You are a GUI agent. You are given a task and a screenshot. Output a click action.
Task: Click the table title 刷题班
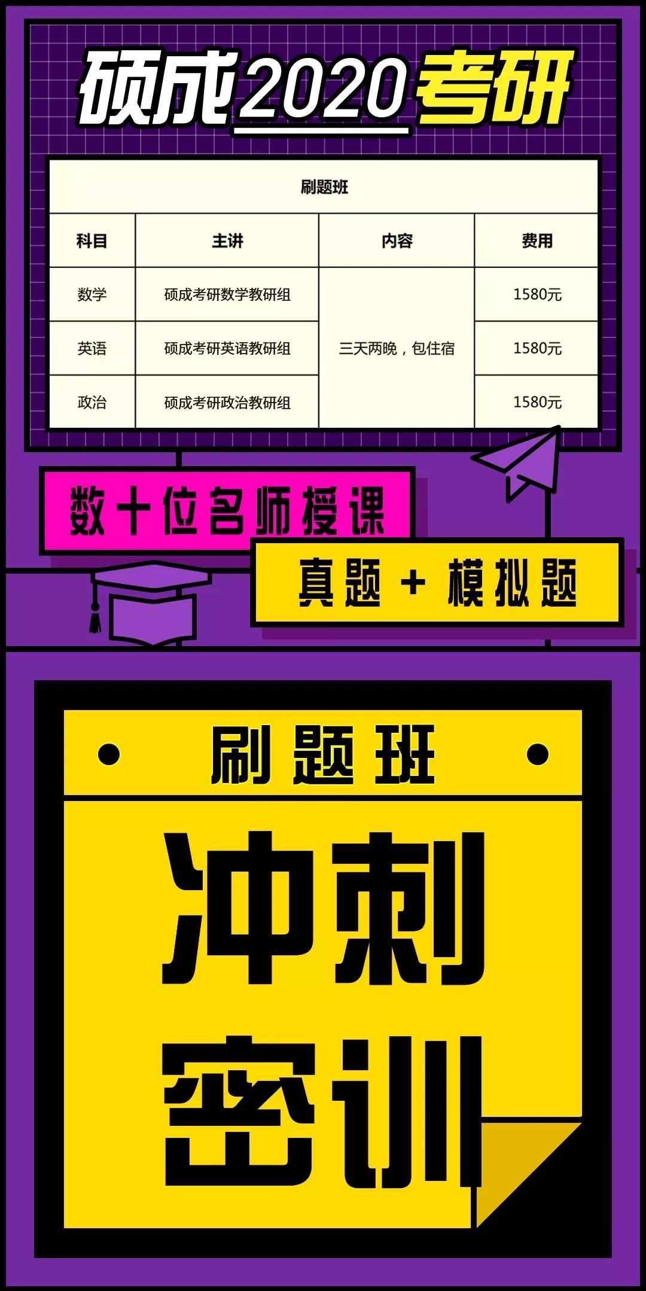tap(324, 187)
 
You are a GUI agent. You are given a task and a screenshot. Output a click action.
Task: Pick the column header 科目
tap(92, 240)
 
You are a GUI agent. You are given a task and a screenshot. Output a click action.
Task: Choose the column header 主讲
tap(227, 240)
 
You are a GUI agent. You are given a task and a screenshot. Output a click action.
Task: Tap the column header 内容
tap(397, 240)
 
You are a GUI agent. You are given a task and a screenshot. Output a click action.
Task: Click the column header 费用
tap(537, 240)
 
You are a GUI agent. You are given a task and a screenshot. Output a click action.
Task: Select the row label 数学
tap(92, 294)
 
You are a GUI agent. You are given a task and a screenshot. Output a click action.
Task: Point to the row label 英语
tap(92, 348)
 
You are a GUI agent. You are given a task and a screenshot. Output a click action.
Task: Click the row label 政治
tap(92, 402)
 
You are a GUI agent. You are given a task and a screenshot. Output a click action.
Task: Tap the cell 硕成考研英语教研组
tap(227, 348)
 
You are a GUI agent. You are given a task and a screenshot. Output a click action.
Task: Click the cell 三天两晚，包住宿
tap(397, 348)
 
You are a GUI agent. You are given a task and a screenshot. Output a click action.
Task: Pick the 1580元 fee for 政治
tap(537, 402)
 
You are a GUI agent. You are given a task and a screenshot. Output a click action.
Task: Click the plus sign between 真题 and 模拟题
tap(413, 582)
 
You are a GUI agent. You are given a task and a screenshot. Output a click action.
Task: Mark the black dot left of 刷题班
tap(109, 754)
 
